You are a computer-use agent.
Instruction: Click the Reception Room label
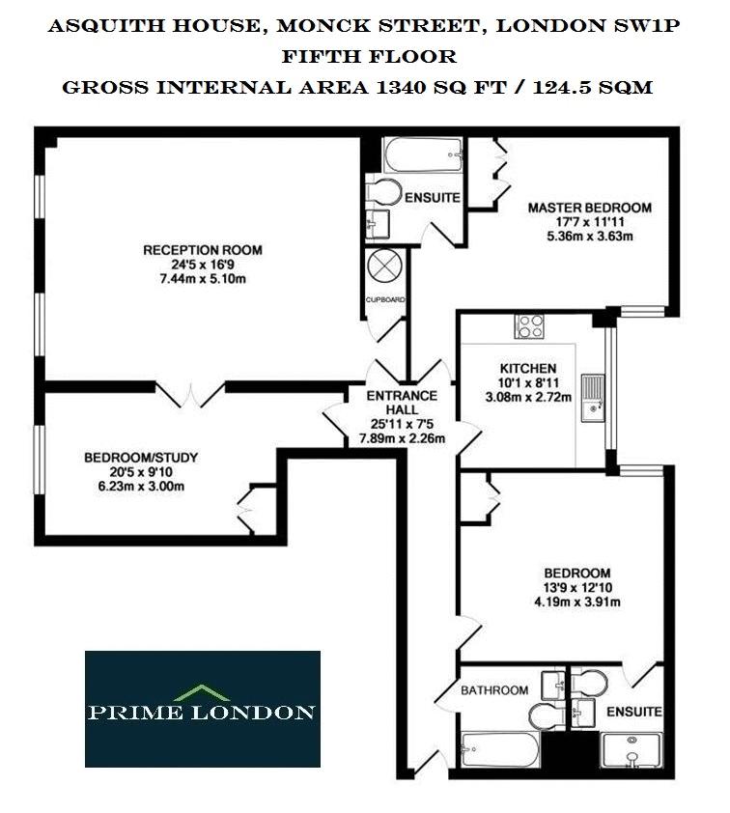[203, 250]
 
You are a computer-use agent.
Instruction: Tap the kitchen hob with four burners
[529, 326]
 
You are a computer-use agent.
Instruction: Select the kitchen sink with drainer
[593, 398]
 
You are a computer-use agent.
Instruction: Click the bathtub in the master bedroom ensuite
[423, 155]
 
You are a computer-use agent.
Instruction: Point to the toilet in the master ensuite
[383, 192]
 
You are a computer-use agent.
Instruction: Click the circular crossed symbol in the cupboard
[384, 266]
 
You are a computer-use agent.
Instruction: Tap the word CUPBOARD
[385, 299]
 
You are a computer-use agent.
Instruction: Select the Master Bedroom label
[590, 208]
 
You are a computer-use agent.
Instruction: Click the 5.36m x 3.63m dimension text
[590, 237]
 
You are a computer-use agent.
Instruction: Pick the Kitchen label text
[528, 368]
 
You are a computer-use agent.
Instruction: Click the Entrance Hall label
[402, 403]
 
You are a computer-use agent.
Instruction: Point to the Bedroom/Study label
[141, 458]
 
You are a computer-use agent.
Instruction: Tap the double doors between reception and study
[190, 394]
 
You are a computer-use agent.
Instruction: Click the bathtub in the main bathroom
[499, 749]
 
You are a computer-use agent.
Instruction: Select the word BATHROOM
[494, 690]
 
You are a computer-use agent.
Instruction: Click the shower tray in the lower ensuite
[632, 750]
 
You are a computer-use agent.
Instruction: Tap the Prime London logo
[203, 709]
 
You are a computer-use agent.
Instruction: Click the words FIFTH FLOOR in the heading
[369, 56]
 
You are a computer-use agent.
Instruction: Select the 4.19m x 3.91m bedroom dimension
[577, 602]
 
